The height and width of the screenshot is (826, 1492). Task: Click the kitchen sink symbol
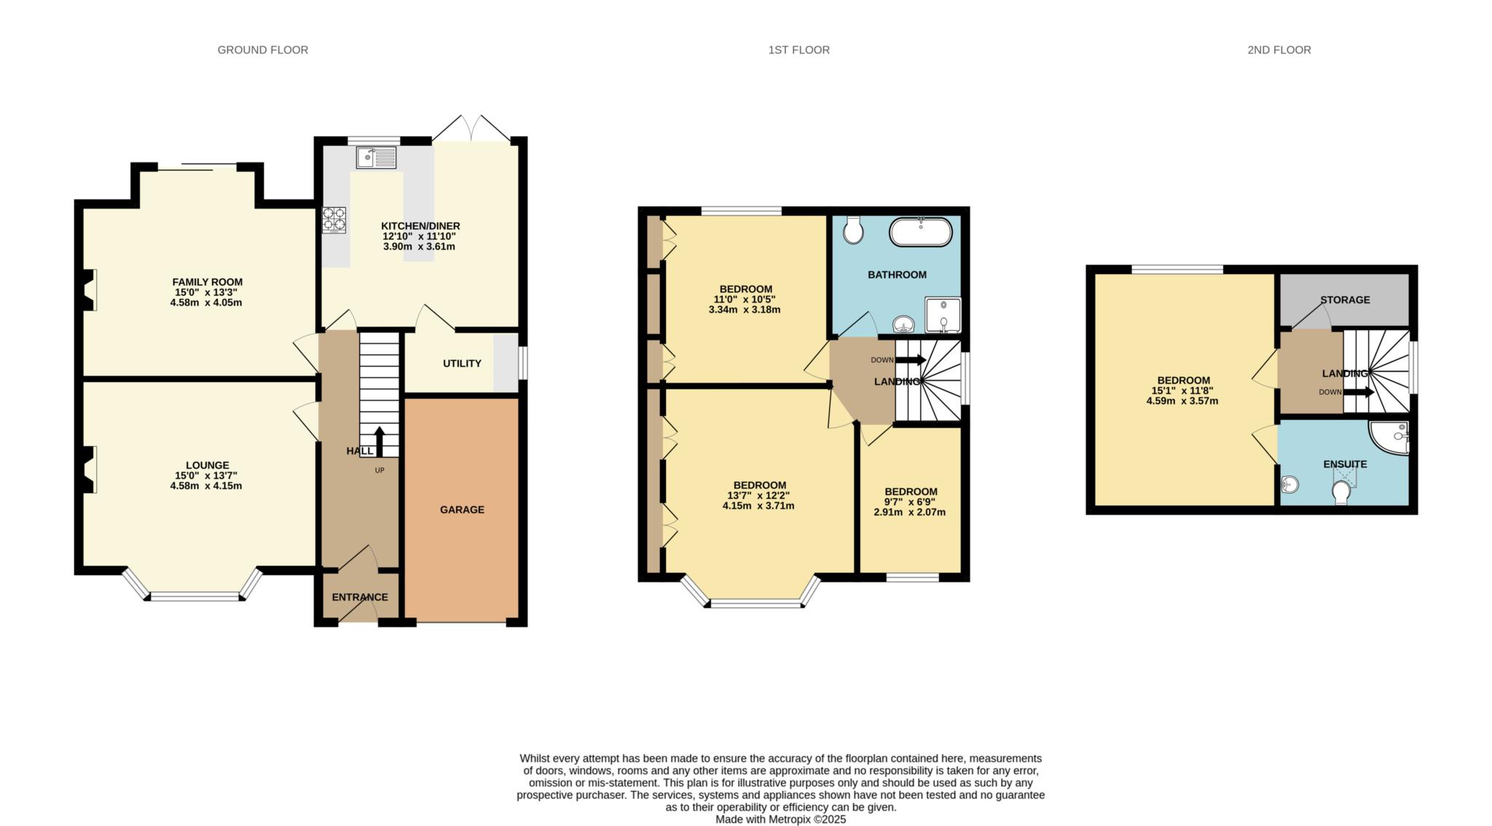coord(376,157)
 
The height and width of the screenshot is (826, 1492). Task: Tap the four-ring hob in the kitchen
coord(334,220)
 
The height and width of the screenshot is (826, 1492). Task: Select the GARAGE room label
coord(462,510)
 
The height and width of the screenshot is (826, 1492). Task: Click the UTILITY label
coord(462,363)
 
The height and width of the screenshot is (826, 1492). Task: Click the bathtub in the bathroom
coord(920,233)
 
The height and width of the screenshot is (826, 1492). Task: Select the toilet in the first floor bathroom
coord(853,230)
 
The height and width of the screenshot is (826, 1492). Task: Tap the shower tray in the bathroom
coord(943,315)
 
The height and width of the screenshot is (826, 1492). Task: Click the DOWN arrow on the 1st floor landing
coord(910,359)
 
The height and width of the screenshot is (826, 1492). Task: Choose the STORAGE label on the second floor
coord(1345,300)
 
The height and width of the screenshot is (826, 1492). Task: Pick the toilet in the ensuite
coord(1340,492)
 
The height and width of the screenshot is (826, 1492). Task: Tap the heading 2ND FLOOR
coord(1279,50)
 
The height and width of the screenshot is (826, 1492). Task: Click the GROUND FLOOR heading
coord(262,50)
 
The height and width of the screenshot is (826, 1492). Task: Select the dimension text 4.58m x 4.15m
coord(206,486)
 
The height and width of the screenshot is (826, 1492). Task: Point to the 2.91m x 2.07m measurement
coord(909,512)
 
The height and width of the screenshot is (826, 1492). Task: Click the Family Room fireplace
coord(89,289)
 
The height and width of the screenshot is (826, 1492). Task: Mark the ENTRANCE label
coord(360,597)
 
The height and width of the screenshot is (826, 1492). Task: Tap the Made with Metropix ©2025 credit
coord(780,819)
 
